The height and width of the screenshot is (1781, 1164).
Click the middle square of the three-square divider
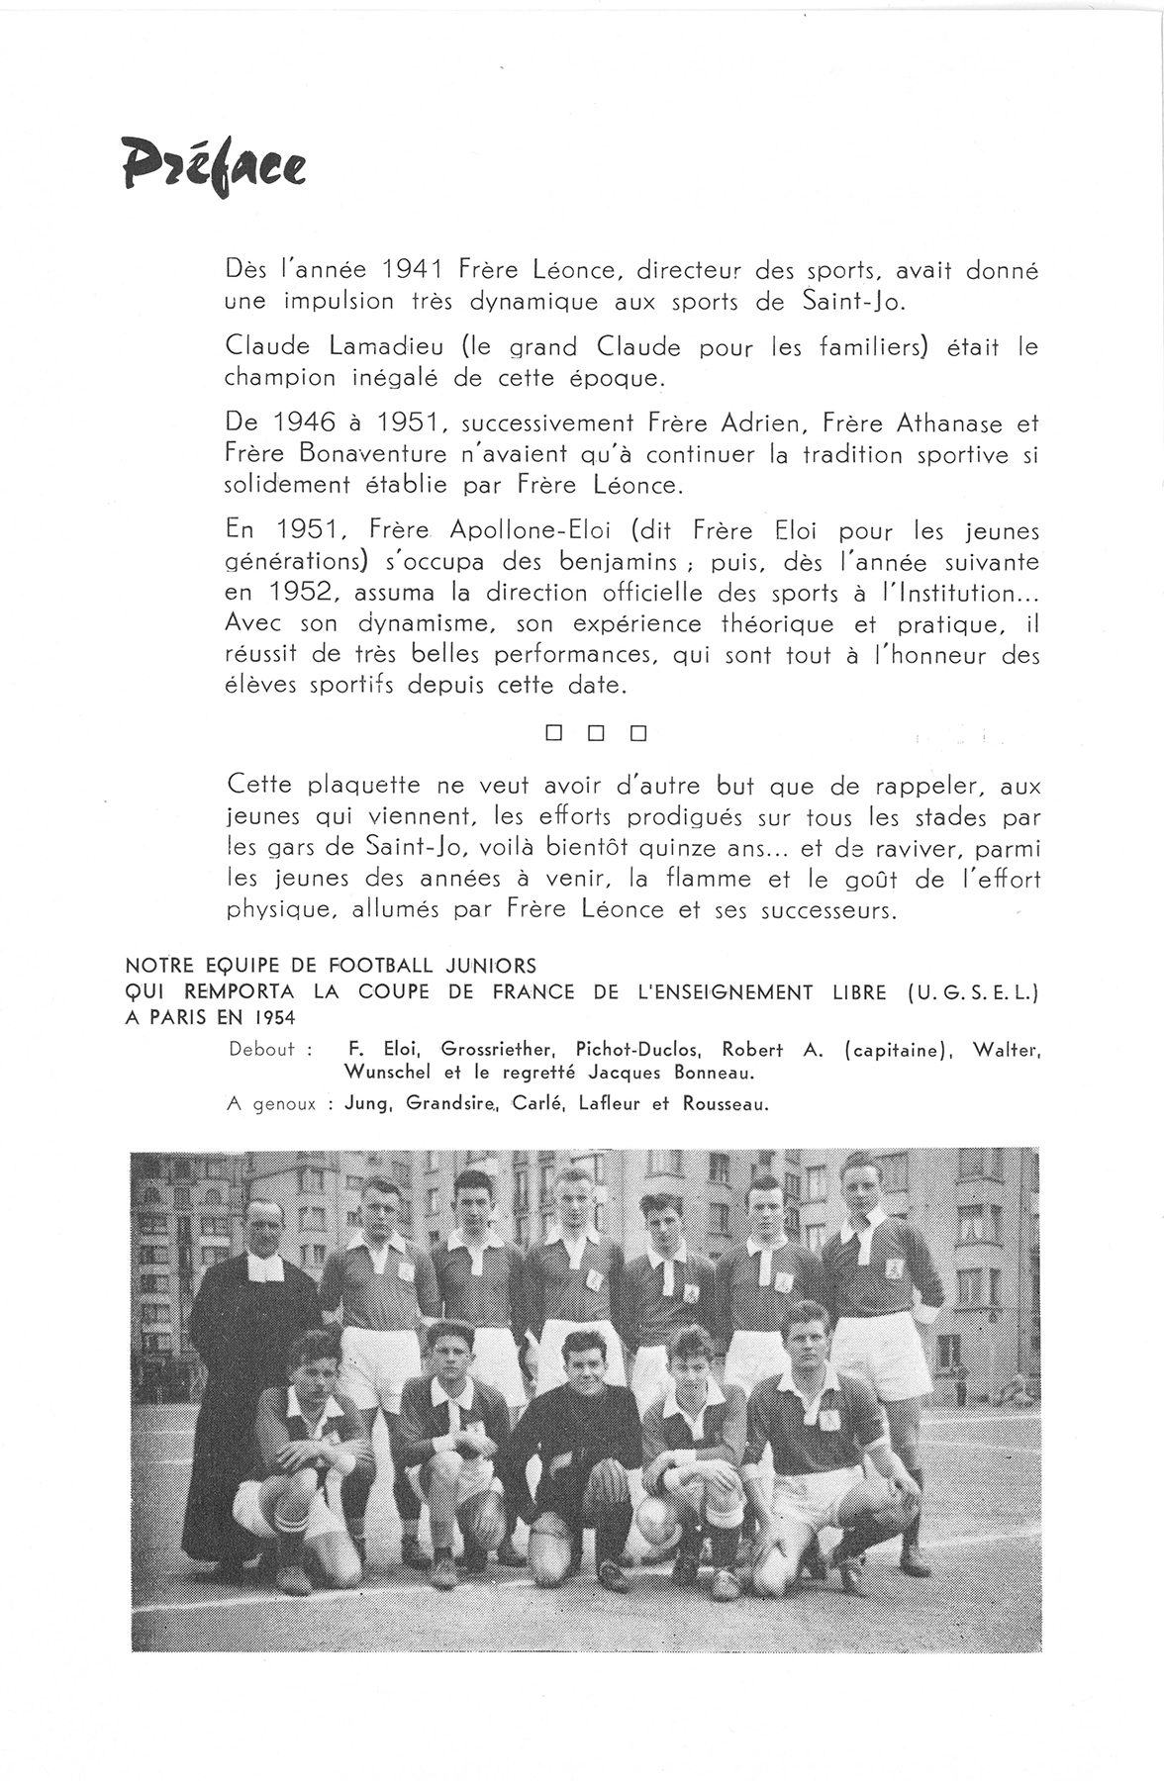[x=596, y=734]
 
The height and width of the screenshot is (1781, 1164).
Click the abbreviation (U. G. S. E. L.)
[x=972, y=991]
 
